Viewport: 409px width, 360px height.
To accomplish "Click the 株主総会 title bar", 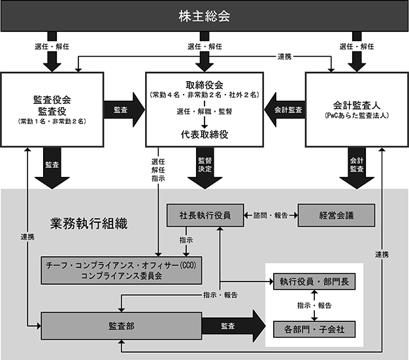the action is pos(204,16).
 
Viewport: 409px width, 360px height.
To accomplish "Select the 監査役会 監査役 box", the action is pos(52,110).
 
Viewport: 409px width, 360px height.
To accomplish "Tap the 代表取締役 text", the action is pos(204,135).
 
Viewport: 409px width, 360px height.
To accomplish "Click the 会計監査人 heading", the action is pos(357,105).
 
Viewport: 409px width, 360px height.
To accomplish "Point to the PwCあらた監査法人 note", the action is pos(357,116).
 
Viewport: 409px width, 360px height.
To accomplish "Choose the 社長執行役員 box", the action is pos(205,215).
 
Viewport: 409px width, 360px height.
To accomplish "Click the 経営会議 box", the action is pos(336,215).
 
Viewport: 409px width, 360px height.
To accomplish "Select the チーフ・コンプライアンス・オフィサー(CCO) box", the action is pos(122,270).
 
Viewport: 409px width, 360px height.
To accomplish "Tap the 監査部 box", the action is pos(122,326).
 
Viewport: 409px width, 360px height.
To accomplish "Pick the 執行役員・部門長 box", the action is pos(314,282).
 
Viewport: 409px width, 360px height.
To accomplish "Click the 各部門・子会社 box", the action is pos(314,329).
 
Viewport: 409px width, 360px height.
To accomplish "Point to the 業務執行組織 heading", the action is pos(89,223).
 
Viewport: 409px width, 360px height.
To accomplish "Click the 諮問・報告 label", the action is pos(270,216).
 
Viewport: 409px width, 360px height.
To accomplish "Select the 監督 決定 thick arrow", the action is pos(204,168).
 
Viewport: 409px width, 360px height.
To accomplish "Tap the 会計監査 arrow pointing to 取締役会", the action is pos(285,110).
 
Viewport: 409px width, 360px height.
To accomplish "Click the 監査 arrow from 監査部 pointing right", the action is pos(234,326).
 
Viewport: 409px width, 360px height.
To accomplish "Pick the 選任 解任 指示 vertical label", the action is pos(158,170).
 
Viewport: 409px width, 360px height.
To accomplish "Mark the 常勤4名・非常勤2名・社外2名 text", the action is pos(204,95).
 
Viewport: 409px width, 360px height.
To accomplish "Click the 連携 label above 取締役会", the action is pos(284,56).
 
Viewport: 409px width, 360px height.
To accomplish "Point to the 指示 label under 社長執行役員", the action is pos(186,240).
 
